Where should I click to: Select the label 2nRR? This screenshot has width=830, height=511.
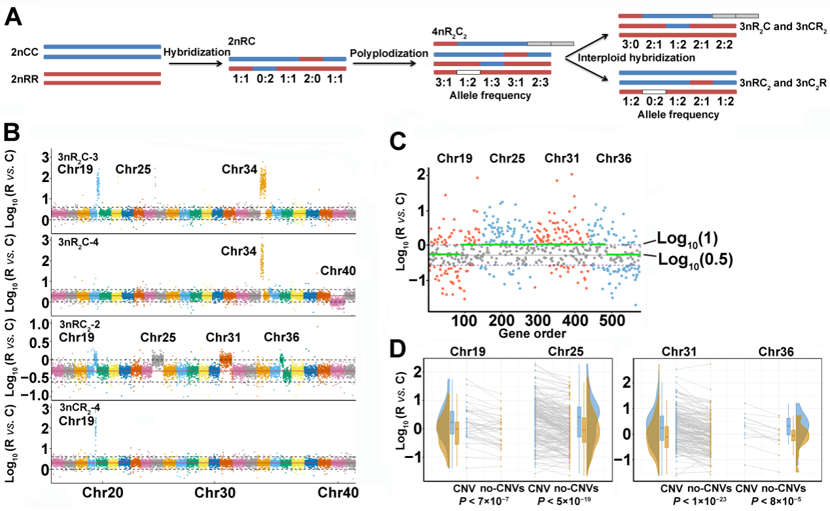(x=25, y=79)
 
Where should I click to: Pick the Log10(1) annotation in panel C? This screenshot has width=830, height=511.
(x=676, y=237)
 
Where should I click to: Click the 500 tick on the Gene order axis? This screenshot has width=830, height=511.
(x=613, y=322)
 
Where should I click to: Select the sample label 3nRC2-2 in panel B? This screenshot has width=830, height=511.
(x=79, y=324)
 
